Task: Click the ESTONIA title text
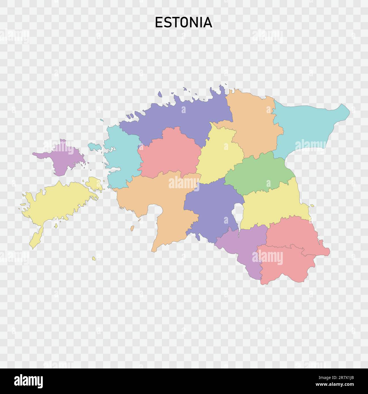[183, 22]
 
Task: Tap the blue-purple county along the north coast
[181, 116]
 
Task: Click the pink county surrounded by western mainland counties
[170, 153]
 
